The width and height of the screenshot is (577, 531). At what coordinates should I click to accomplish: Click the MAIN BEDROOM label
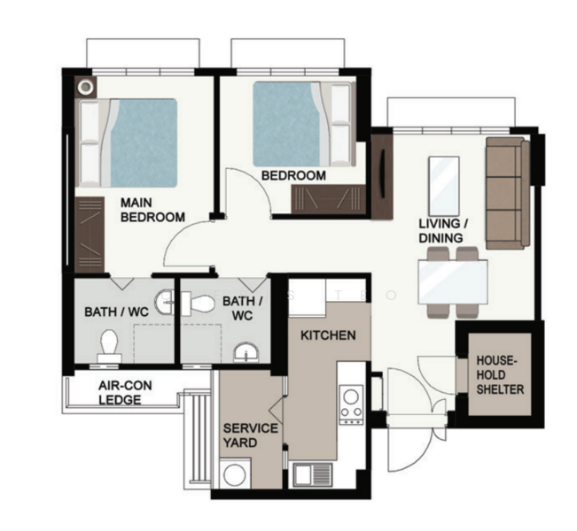pos(152,210)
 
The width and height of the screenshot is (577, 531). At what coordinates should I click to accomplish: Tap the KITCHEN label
pos(328,335)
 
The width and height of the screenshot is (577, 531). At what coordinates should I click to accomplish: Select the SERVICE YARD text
pos(250,435)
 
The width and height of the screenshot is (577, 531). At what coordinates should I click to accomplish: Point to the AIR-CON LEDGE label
pos(125,392)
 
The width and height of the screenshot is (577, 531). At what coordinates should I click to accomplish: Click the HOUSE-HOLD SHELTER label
pos(500,375)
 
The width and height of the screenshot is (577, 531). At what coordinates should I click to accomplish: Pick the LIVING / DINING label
pos(443,231)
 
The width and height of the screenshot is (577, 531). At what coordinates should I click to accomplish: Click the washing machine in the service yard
pos(234,473)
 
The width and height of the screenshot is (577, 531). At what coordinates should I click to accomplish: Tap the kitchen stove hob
pos(351,404)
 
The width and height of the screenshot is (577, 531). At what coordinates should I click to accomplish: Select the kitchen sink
pos(312,474)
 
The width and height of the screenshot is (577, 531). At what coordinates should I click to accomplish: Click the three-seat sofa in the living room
pos(508,193)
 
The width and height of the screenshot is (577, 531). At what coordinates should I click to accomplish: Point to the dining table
pos(453,281)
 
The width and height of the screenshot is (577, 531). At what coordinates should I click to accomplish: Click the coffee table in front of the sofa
pos(444,187)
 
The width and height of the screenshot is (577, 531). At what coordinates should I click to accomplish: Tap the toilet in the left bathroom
pos(109,346)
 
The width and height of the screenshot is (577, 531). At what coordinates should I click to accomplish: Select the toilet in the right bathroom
pos(198,304)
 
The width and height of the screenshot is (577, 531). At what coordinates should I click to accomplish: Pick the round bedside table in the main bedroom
pos(86,87)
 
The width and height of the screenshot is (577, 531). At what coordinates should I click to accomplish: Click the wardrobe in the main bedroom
pos(90,235)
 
